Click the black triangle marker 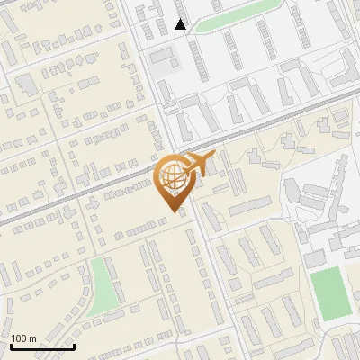181,24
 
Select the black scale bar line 42,346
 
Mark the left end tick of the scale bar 11,345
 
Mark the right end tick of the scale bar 74,345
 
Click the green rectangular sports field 330,292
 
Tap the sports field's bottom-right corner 351,314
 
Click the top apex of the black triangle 181,19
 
